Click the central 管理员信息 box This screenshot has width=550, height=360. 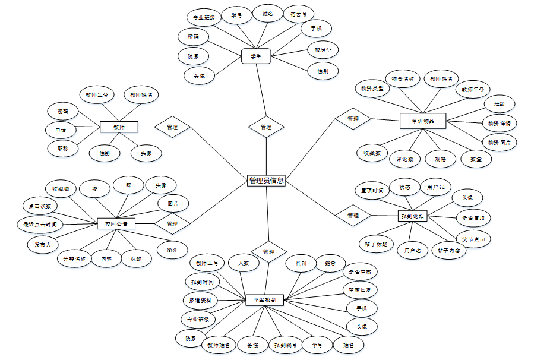point(266,181)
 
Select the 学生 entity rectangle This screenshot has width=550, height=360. point(256,56)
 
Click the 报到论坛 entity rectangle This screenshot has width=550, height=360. point(413,216)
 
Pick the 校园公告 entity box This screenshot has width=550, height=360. point(116,224)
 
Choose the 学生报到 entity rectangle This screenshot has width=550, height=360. point(264,300)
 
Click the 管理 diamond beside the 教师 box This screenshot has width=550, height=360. point(172,127)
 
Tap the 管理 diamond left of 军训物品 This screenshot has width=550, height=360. point(353,119)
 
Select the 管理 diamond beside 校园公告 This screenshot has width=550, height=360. point(172,224)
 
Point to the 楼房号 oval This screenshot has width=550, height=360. point(323,50)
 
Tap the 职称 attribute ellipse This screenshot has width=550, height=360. point(63,149)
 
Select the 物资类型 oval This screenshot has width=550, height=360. point(372,89)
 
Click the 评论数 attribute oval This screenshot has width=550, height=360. point(405,159)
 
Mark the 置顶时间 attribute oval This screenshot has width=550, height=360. point(372,191)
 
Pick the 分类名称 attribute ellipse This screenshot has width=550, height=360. point(75,259)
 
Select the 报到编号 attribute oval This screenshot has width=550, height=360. point(285,345)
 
